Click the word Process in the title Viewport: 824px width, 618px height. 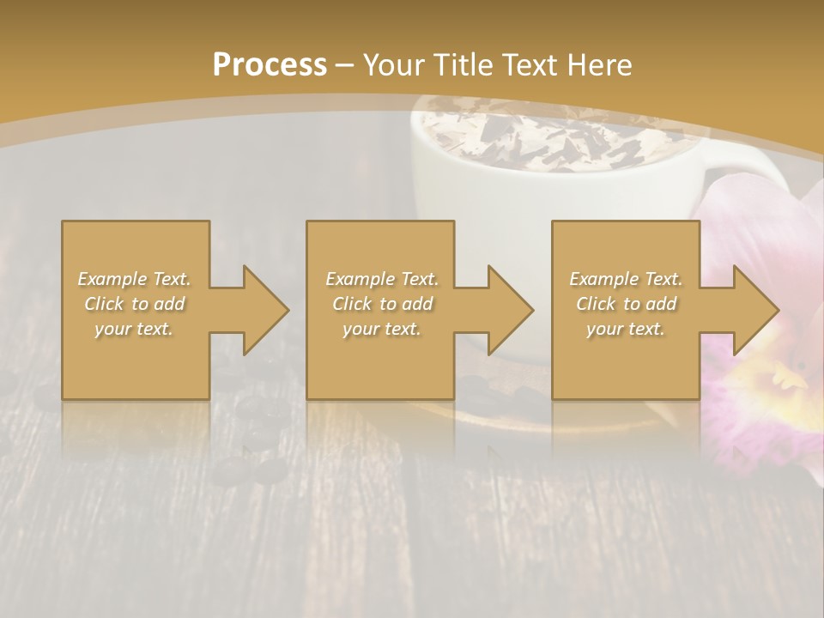click(x=270, y=65)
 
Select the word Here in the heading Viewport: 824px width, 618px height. click(x=602, y=65)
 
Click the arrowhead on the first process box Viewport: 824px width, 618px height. click(x=264, y=310)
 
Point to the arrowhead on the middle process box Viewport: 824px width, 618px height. click(x=510, y=310)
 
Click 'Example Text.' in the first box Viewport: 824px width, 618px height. click(x=134, y=279)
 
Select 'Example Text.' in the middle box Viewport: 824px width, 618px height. click(x=381, y=279)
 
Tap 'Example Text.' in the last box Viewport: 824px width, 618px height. click(x=626, y=279)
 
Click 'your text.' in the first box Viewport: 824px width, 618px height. click(x=134, y=329)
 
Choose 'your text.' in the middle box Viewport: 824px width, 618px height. click(x=381, y=329)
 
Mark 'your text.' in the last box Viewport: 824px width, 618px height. click(x=626, y=329)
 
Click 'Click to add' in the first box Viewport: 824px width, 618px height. click(x=134, y=304)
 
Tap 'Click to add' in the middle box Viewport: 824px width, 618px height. click(x=381, y=304)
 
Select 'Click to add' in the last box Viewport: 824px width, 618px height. click(x=626, y=304)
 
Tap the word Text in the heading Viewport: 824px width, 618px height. click(x=530, y=65)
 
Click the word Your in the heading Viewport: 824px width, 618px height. click(x=391, y=65)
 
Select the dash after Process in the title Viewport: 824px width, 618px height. click(x=345, y=65)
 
